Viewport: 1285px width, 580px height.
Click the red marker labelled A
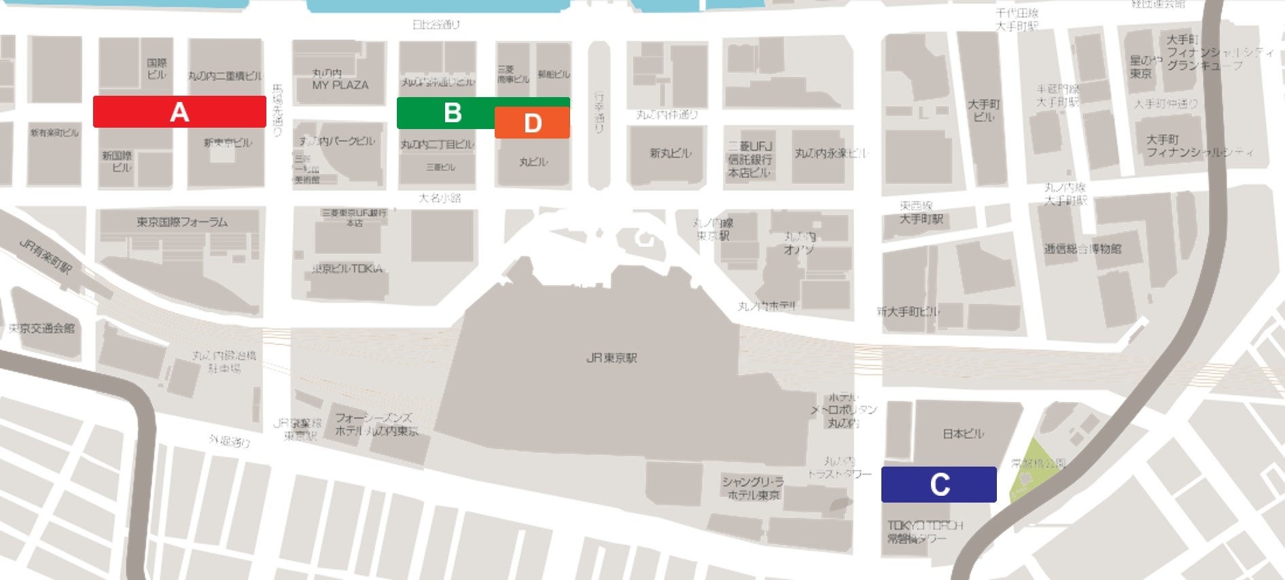pos(179,112)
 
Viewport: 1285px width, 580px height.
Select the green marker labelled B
pos(452,112)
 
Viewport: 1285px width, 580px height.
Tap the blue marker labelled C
pos(938,485)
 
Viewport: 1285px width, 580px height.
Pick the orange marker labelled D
pos(532,123)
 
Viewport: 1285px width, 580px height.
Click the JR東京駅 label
pos(612,358)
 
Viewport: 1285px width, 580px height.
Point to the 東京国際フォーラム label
pos(181,222)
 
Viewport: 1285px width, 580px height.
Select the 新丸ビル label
pos(670,153)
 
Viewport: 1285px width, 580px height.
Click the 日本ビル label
pos(963,433)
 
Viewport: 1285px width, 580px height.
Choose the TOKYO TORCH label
pos(925,526)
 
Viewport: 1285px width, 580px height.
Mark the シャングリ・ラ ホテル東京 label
pos(753,488)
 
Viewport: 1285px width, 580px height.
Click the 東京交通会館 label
pos(41,328)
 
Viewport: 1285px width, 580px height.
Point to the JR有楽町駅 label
pos(45,256)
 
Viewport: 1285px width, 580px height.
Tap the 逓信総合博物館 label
pos(1082,249)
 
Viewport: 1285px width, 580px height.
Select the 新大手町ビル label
pos(908,312)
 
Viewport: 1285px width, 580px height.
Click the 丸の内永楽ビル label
pos(831,153)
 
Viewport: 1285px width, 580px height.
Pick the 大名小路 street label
pos(440,198)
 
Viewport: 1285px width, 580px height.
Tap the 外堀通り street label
pos(229,441)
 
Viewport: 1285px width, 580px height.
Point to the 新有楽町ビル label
pos(54,133)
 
